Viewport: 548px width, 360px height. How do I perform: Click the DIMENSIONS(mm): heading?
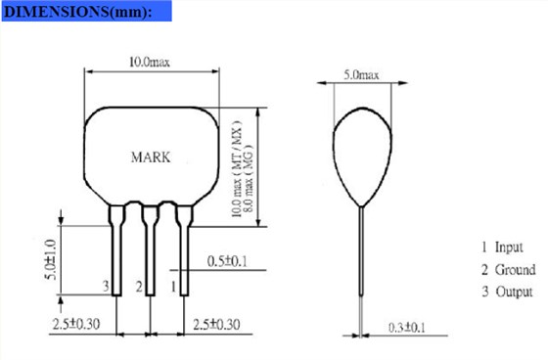point(78,12)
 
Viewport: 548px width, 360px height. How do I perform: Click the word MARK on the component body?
point(151,157)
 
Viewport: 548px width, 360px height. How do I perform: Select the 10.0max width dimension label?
point(150,63)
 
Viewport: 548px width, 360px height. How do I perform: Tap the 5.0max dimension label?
point(361,74)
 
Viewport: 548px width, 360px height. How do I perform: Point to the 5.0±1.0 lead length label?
point(51,259)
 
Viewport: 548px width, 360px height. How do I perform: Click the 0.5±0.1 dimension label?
point(227,261)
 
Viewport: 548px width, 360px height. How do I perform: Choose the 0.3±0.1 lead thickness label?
point(407,328)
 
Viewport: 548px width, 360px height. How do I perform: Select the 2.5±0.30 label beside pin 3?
point(76,324)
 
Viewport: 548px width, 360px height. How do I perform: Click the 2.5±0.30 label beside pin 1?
point(216,325)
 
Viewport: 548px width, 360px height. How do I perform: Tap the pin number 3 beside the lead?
point(106,287)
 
